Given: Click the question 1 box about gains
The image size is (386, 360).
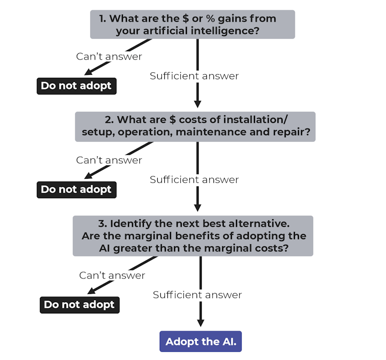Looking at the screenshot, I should [x=192, y=25].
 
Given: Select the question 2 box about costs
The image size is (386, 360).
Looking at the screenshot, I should [x=195, y=126].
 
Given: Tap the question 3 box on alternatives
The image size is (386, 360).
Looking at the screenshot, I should [x=192, y=236].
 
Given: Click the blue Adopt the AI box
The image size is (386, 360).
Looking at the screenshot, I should [x=201, y=342].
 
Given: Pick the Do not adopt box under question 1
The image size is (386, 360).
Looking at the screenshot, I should [x=76, y=86].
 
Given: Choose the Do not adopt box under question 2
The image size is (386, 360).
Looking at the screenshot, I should [x=76, y=189].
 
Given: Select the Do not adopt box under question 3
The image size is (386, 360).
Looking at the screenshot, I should [x=79, y=305].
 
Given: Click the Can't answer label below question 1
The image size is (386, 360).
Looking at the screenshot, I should [x=109, y=56].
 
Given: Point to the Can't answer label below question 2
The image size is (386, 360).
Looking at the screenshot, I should [x=109, y=160].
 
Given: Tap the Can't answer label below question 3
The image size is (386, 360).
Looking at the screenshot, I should [x=112, y=276].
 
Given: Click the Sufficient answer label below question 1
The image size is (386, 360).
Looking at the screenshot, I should [x=194, y=76].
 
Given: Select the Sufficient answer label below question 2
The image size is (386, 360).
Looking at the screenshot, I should [x=194, y=180].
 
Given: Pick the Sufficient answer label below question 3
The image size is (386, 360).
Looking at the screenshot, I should [x=197, y=295].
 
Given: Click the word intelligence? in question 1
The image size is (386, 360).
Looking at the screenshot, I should [x=228, y=31].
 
